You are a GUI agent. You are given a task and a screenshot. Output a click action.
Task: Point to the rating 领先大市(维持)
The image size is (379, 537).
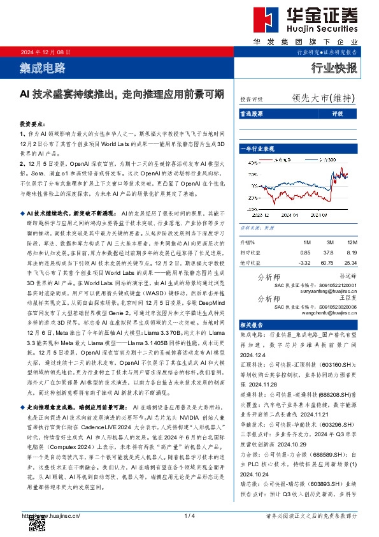[x=323, y=98]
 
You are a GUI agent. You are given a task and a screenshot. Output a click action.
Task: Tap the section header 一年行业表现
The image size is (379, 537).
[x=257, y=149]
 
